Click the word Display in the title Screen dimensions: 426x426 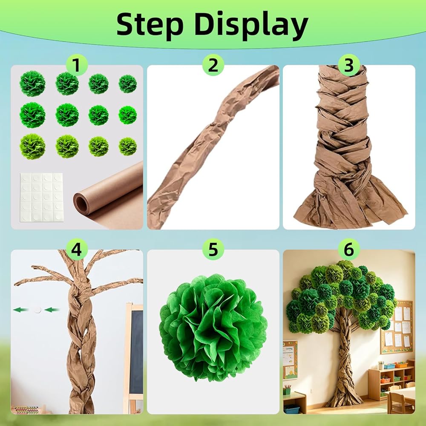[251, 26]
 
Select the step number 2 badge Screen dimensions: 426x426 [213, 65]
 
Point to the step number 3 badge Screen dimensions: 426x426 [349, 65]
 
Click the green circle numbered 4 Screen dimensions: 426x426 [77, 249]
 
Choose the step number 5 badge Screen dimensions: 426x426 [213, 249]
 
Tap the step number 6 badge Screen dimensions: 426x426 [349, 249]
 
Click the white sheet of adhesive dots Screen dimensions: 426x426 [42, 197]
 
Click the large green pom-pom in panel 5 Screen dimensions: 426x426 [213, 327]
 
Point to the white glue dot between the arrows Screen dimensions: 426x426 [38, 310]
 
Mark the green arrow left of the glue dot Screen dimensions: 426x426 [21, 310]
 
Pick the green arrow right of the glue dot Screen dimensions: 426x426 [52, 310]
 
